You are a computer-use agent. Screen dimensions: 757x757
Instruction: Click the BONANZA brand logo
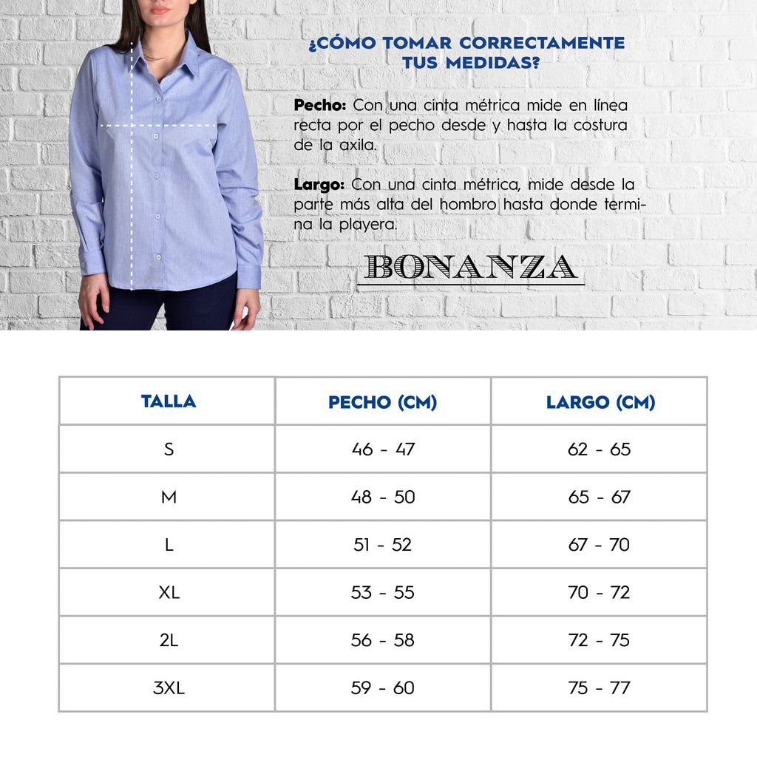[471, 268]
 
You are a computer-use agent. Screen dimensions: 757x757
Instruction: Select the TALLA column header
[169, 401]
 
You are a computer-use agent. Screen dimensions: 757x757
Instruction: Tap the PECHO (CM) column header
[382, 402]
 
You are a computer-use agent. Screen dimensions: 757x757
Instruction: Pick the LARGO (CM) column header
[600, 402]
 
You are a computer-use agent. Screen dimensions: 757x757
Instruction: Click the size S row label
[169, 449]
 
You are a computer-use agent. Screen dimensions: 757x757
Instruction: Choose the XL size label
[169, 592]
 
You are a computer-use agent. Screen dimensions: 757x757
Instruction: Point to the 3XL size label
[169, 688]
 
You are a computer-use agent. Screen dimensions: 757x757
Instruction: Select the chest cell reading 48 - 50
[382, 497]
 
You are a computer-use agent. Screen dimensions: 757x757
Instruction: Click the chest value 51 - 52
[382, 545]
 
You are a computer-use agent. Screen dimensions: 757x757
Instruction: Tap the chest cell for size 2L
[382, 640]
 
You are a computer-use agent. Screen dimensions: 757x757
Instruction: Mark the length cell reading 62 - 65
[599, 449]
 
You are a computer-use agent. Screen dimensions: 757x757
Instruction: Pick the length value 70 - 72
[599, 592]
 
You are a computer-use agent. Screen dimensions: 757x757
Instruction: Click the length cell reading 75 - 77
[599, 688]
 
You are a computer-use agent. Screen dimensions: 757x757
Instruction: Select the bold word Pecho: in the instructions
[319, 105]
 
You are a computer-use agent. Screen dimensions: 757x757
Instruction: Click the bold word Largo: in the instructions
[319, 184]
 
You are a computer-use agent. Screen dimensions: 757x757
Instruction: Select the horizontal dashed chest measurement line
[159, 126]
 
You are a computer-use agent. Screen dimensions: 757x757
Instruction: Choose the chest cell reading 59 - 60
[382, 688]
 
